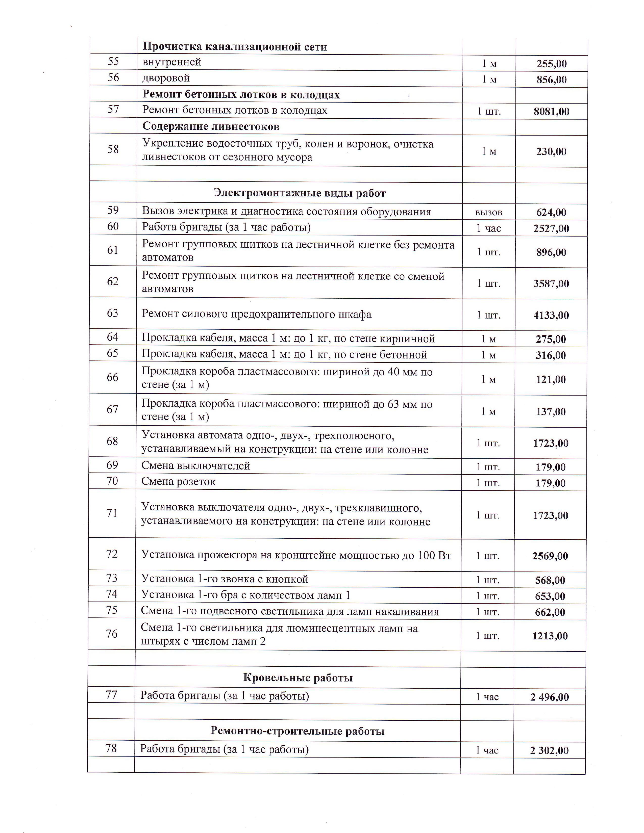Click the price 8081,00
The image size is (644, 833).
click(x=551, y=112)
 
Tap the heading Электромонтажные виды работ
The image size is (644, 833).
click(x=300, y=193)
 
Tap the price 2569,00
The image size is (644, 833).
click(x=550, y=556)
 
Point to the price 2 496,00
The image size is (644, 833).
click(x=549, y=697)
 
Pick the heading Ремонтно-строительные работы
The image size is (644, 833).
click(x=298, y=731)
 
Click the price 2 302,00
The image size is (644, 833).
click(x=549, y=751)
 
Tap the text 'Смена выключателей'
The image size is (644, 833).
click(x=196, y=466)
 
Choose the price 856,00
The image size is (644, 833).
click(x=552, y=80)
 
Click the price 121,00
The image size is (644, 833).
click(x=551, y=379)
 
